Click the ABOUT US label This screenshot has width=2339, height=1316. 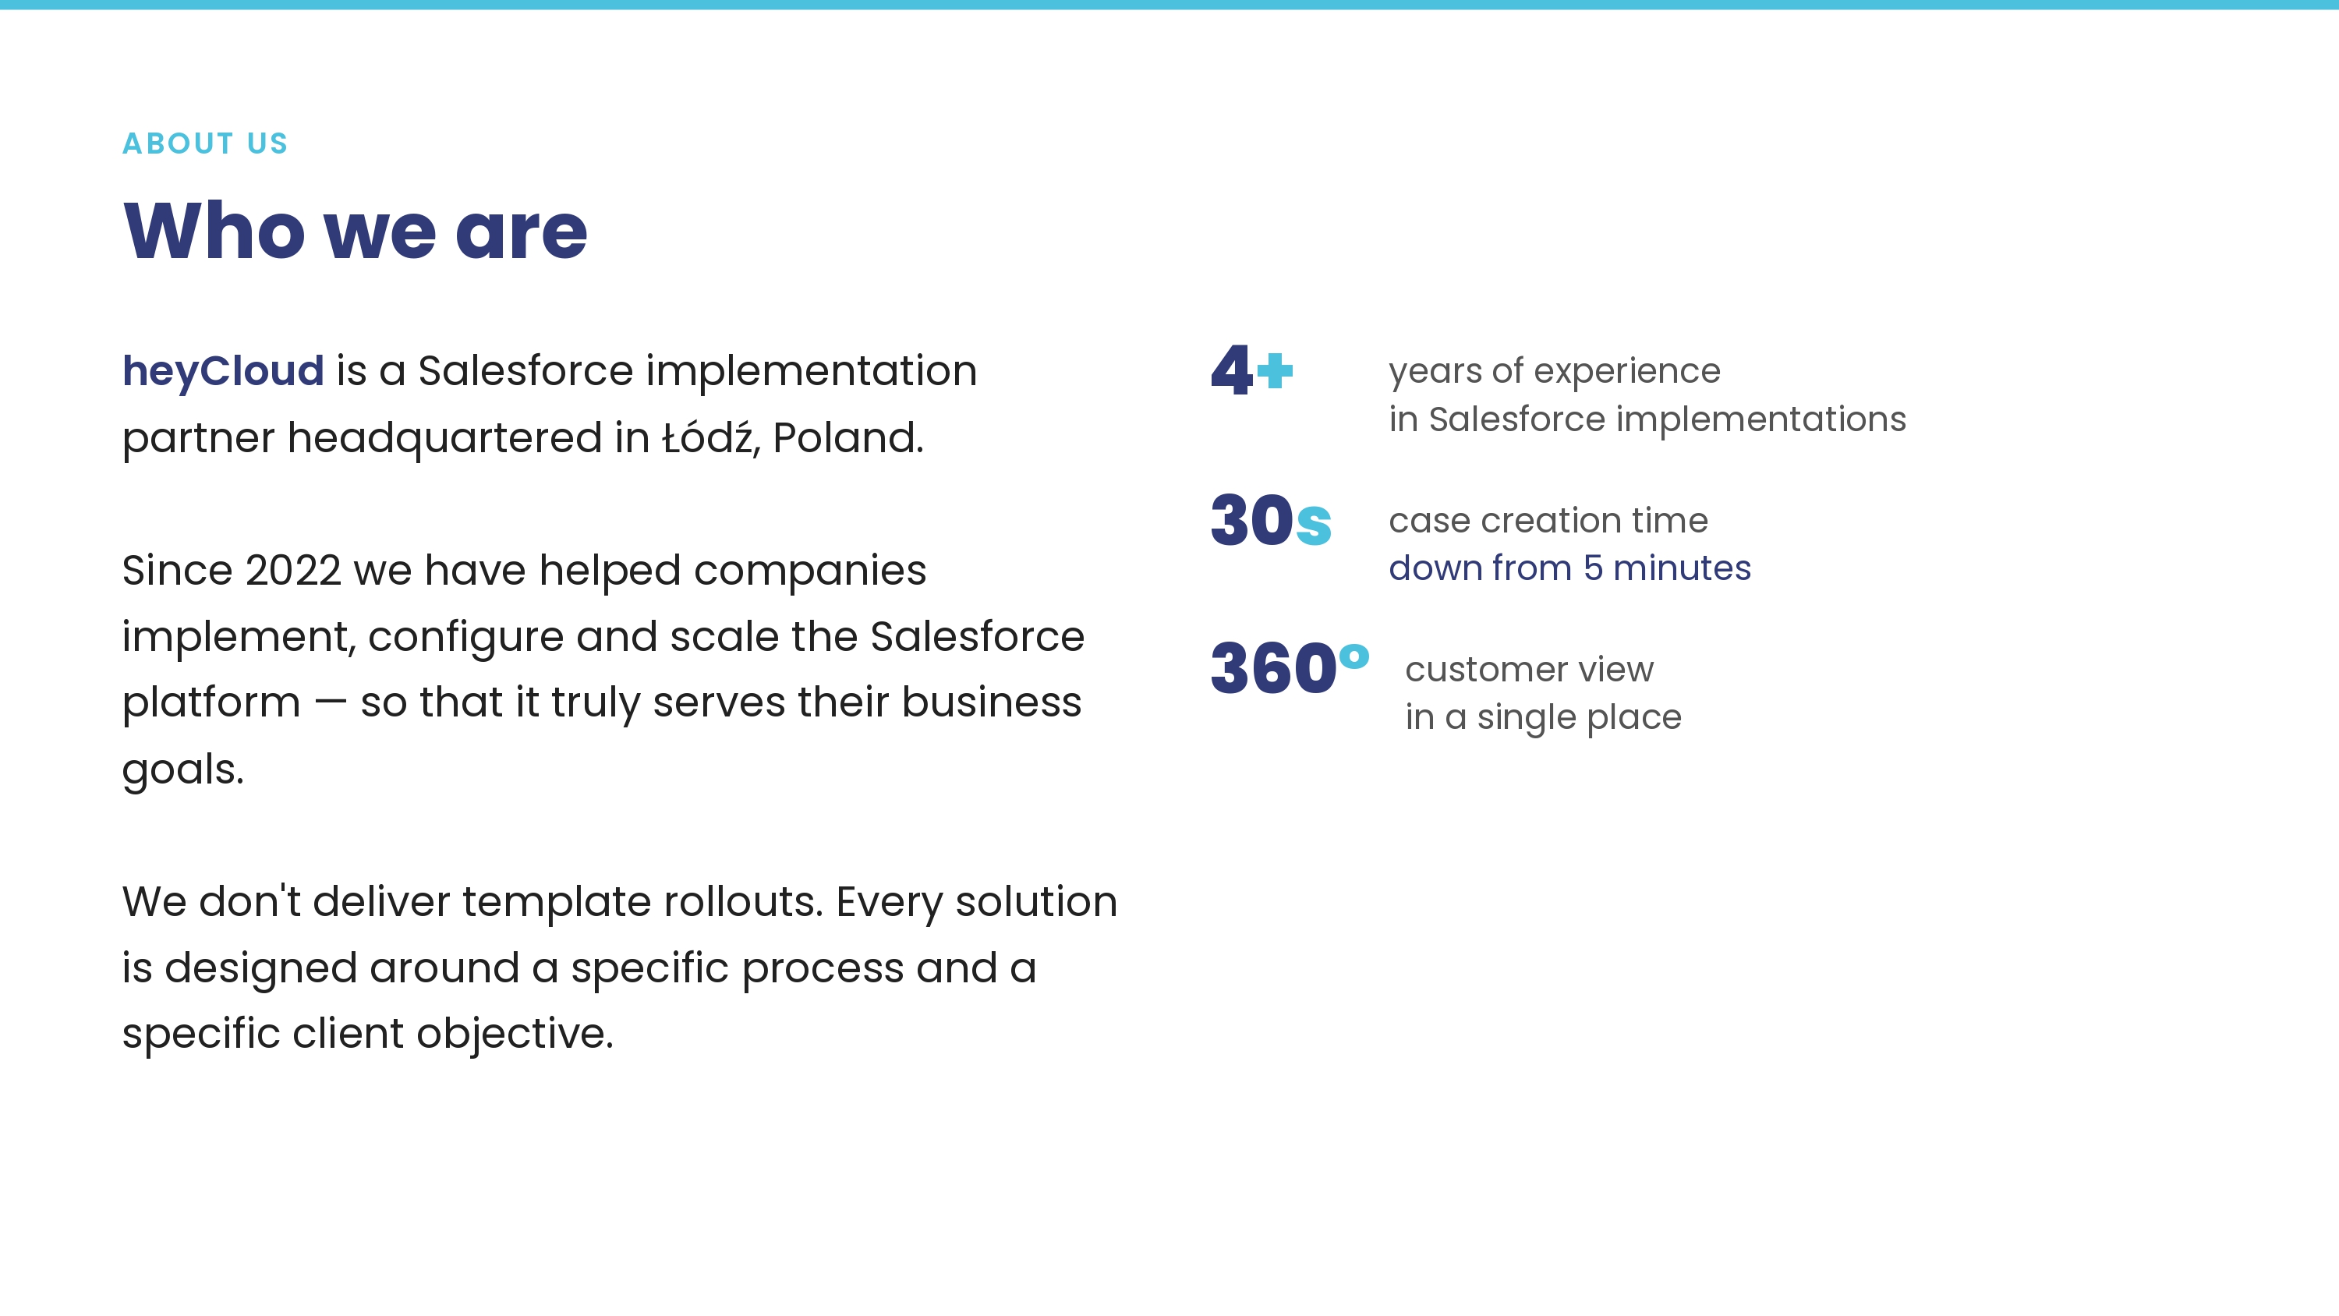coord(205,143)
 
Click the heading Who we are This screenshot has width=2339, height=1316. coord(355,231)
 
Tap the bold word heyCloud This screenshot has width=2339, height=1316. coord(223,371)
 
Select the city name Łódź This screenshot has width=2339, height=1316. coord(707,436)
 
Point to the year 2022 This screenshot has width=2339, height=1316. coord(293,571)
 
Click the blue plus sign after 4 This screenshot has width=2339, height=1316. coord(1275,370)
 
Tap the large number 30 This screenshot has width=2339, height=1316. coord(1252,521)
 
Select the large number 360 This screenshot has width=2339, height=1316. coord(1273,668)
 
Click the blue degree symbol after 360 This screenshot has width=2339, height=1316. coord(1354,656)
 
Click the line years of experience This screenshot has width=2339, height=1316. coord(1555,371)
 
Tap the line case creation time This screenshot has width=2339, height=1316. coord(1548,521)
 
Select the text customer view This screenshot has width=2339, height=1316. coord(1529,670)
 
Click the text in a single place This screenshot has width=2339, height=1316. coord(1544,717)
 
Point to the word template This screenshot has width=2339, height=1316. coord(557,903)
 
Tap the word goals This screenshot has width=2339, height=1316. coord(183,770)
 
